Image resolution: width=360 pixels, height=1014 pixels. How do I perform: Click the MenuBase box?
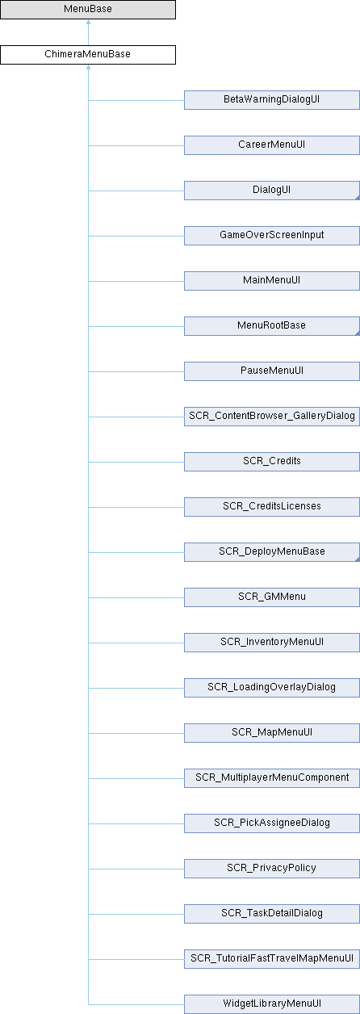(x=88, y=10)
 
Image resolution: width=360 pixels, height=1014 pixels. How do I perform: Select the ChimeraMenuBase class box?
(x=88, y=55)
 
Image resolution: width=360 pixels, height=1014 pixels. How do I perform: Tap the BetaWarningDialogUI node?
(x=272, y=100)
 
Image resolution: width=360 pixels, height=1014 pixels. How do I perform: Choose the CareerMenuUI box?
(x=272, y=145)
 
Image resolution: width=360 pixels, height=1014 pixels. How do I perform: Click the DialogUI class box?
(x=272, y=191)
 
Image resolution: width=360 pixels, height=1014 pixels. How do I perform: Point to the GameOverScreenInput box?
(x=272, y=236)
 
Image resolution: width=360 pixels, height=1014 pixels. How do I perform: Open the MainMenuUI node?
(x=272, y=281)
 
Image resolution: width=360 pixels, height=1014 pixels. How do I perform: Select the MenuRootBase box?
(x=272, y=326)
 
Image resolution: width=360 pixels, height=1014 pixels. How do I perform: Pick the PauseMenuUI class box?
(x=272, y=371)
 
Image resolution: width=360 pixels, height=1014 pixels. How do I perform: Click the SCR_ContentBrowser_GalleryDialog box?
(x=272, y=417)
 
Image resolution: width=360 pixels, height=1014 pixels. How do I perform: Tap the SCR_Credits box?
(x=272, y=462)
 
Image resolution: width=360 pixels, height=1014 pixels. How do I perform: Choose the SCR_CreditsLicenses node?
(x=272, y=507)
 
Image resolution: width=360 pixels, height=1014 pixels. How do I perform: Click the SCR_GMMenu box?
(x=272, y=597)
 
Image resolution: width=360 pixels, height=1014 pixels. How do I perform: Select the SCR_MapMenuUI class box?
(x=272, y=733)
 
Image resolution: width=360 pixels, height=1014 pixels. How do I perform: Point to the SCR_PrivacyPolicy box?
(x=272, y=869)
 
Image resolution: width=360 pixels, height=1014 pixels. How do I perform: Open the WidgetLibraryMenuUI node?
(x=272, y=1004)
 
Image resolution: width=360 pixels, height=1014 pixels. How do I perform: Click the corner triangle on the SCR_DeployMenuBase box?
(x=358, y=559)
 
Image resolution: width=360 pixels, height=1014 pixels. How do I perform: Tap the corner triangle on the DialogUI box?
(x=358, y=198)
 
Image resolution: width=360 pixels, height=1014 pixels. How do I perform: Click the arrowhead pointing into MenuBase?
(x=88, y=22)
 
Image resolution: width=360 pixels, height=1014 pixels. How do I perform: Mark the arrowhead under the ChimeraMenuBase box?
(x=88, y=67)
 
